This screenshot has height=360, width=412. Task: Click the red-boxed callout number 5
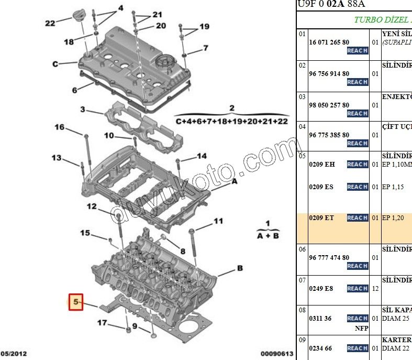pos(76,302)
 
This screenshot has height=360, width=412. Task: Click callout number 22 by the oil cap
pos(50,23)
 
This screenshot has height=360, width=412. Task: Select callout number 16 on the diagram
pos(60,127)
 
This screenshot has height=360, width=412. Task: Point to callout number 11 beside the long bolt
pos(218,221)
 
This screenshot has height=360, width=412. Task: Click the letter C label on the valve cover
pos(55,64)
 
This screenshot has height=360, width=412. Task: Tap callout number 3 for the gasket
pos(83,109)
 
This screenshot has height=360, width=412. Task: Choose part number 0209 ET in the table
pos(321,218)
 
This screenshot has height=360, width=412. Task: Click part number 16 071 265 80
pos(329,42)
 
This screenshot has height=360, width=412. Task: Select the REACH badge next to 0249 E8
pos(357,289)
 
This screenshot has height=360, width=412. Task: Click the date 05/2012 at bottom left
pos(15,354)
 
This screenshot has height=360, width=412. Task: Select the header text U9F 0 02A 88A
pos(331,4)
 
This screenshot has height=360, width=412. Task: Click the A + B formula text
pos(268,236)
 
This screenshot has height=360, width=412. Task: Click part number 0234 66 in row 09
pos(320,348)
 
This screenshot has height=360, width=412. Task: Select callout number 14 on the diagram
pos(202,156)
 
